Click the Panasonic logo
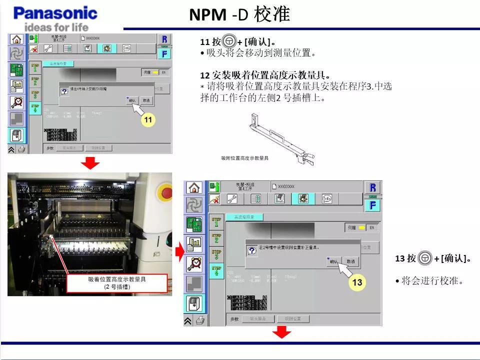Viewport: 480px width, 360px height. click(x=55, y=13)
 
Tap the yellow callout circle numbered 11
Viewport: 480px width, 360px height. click(x=148, y=120)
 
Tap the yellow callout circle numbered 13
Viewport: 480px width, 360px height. click(x=357, y=282)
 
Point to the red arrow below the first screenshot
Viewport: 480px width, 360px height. click(x=90, y=162)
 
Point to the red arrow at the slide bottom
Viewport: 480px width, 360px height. click(x=282, y=332)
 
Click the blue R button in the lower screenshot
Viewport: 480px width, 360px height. click(x=372, y=187)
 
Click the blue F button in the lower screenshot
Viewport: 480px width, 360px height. click(x=372, y=205)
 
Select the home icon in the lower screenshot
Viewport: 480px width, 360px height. click(x=194, y=188)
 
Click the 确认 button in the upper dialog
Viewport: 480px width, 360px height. click(x=132, y=100)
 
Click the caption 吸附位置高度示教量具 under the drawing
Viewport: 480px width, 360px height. click(x=244, y=158)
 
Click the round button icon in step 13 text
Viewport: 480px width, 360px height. click(x=424, y=258)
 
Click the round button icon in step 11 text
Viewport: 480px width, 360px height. click(x=229, y=41)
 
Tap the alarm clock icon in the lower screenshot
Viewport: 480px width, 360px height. click(x=194, y=263)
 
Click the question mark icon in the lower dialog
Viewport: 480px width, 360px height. click(x=252, y=250)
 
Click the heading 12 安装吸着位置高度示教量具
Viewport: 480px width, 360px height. click(x=265, y=75)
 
